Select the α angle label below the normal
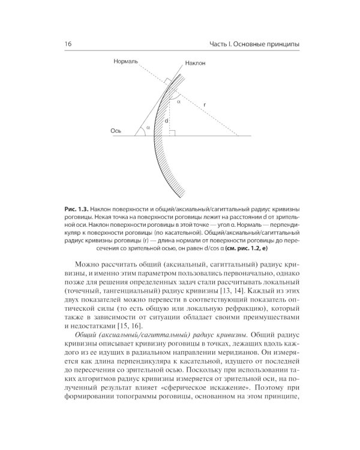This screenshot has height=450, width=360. (178, 102)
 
